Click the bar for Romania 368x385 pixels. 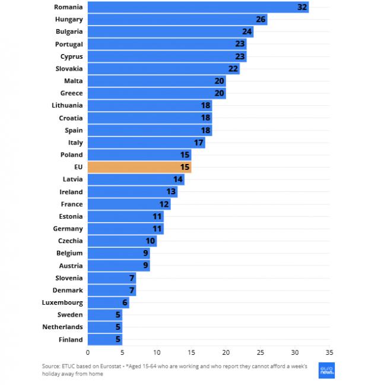point(198,7)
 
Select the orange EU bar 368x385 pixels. point(139,168)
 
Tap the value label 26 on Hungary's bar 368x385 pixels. point(261,20)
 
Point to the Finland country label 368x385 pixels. point(70,340)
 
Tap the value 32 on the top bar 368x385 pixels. point(302,7)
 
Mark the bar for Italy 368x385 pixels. point(146,143)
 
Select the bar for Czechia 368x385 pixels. point(122,241)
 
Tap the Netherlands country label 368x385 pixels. point(62,327)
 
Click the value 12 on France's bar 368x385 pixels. point(164,204)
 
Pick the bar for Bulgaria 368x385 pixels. point(170,31)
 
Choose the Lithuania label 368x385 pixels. point(67,105)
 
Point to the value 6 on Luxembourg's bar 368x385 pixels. point(125,303)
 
